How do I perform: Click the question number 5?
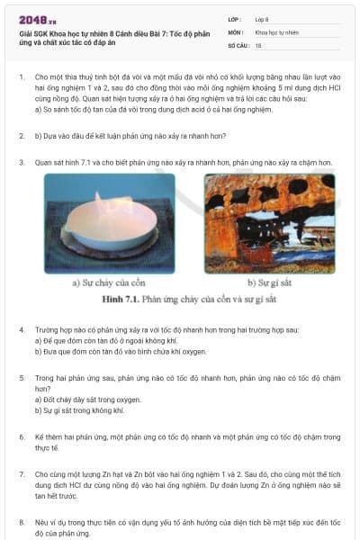coord(21,378)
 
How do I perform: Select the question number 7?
coord(21,472)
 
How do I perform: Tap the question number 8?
coord(21,521)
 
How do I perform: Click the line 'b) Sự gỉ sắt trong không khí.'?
coord(86,409)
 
